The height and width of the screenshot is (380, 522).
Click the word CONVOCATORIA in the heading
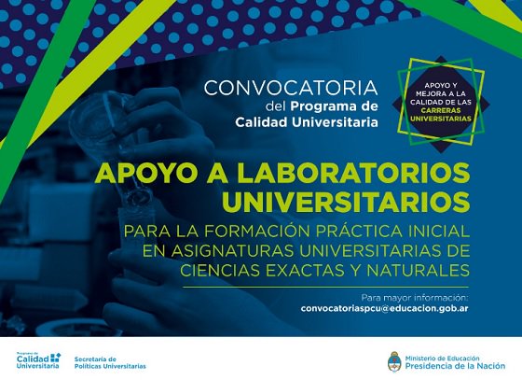click(291, 88)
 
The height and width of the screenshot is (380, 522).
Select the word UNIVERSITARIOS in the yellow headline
click(346, 202)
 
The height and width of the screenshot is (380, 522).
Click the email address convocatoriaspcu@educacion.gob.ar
click(384, 309)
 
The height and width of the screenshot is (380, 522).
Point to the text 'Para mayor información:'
click(415, 297)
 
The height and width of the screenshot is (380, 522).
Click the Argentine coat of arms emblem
click(394, 361)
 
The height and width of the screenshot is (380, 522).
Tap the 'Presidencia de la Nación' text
click(455, 366)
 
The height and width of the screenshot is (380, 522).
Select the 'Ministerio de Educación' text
click(442, 359)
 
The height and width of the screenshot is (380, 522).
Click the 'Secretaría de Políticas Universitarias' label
click(110, 362)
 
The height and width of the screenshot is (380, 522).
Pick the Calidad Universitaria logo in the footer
click(38, 360)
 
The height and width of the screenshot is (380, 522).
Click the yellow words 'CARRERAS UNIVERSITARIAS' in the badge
click(440, 114)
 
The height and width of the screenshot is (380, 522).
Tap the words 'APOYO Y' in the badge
click(440, 86)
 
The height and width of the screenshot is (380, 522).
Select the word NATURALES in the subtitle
click(418, 271)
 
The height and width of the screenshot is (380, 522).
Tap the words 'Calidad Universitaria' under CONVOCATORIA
click(307, 122)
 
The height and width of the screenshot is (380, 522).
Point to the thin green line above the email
click(326, 287)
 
